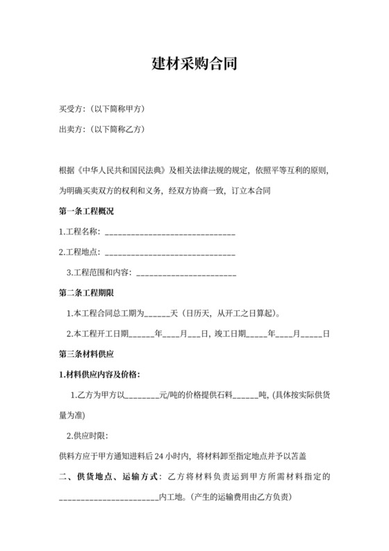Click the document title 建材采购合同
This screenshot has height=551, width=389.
[x=194, y=65]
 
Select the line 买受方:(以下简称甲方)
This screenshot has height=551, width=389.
[x=102, y=109]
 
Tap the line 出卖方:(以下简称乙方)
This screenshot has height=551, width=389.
[x=102, y=129]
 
